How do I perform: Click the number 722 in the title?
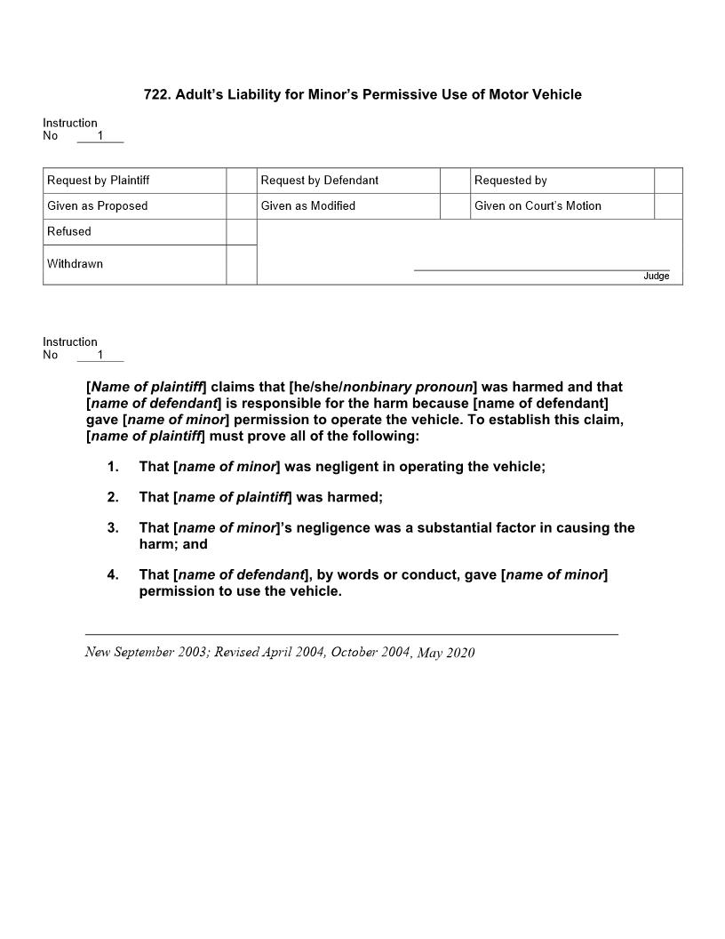pyautogui.click(x=155, y=94)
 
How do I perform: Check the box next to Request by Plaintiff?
pyautogui.click(x=241, y=181)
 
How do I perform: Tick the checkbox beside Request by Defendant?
pyautogui.click(x=454, y=181)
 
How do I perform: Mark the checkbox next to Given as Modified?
pyautogui.click(x=454, y=206)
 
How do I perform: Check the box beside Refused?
pyautogui.click(x=241, y=232)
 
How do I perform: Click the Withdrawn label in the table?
pyautogui.click(x=75, y=264)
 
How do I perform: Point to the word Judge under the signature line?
pyautogui.click(x=656, y=277)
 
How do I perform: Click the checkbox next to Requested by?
pyautogui.click(x=668, y=181)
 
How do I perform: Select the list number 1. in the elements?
pyautogui.click(x=113, y=467)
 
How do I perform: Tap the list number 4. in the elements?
pyautogui.click(x=113, y=575)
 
